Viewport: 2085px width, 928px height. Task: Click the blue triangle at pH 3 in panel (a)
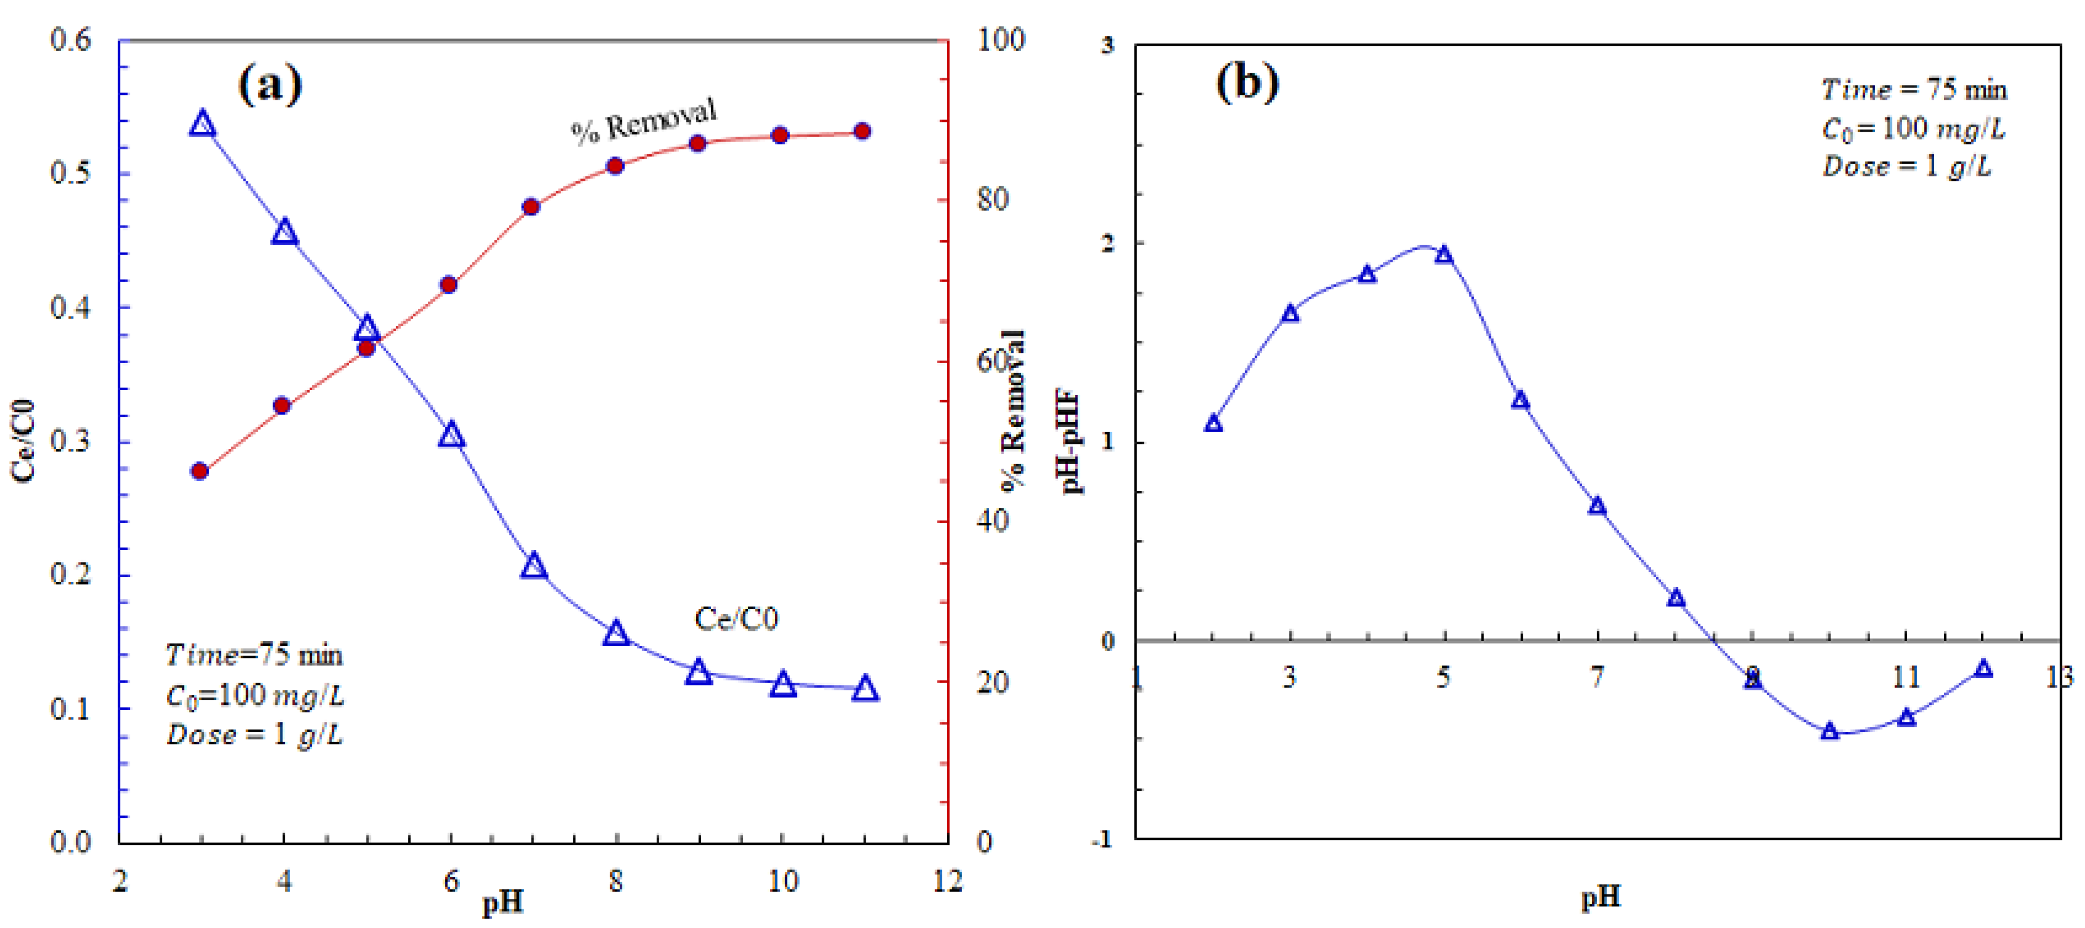click(202, 125)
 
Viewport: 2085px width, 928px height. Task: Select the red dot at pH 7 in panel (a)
click(531, 207)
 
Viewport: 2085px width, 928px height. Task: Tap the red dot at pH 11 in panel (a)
click(863, 131)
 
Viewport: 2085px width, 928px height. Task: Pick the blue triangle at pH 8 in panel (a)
click(616, 633)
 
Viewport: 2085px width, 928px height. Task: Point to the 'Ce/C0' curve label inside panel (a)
click(736, 619)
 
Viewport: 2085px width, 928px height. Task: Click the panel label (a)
click(269, 84)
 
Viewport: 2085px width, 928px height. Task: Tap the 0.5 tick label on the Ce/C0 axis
click(70, 173)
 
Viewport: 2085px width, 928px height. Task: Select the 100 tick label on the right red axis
click(1001, 40)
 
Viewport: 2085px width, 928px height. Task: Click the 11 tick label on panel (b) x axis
click(1906, 677)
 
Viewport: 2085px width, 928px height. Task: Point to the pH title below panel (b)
click(1601, 897)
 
